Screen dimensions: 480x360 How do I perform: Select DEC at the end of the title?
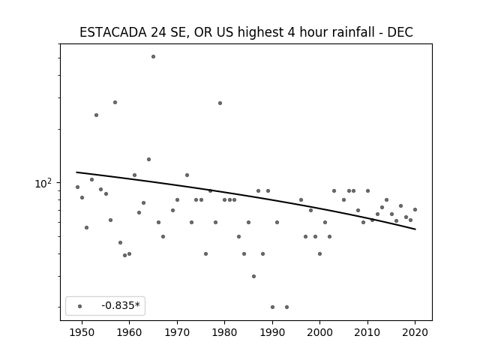click(x=400, y=32)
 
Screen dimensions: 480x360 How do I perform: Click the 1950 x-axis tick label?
click(x=82, y=332)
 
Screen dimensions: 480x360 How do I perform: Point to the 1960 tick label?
click(x=129, y=332)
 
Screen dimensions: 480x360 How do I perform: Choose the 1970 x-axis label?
click(x=177, y=332)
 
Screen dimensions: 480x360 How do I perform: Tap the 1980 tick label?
click(x=225, y=332)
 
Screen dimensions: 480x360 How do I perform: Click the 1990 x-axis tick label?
click(x=272, y=332)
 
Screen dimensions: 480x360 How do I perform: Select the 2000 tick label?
click(x=320, y=332)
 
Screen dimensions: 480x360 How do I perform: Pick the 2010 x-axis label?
click(x=367, y=332)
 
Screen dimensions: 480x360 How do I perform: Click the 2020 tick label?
click(x=415, y=332)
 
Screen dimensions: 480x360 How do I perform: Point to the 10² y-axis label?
click(x=43, y=183)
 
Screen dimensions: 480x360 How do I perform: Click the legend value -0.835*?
click(x=121, y=305)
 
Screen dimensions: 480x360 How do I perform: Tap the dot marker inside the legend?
click(x=80, y=306)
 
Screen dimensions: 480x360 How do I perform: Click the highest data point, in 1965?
click(x=153, y=57)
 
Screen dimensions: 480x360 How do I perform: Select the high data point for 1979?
click(x=220, y=103)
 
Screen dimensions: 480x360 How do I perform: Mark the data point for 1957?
click(x=115, y=102)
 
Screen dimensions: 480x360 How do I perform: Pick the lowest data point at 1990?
click(x=272, y=307)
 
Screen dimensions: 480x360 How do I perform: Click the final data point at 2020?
click(x=415, y=210)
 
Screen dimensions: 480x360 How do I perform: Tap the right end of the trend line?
click(x=415, y=229)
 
